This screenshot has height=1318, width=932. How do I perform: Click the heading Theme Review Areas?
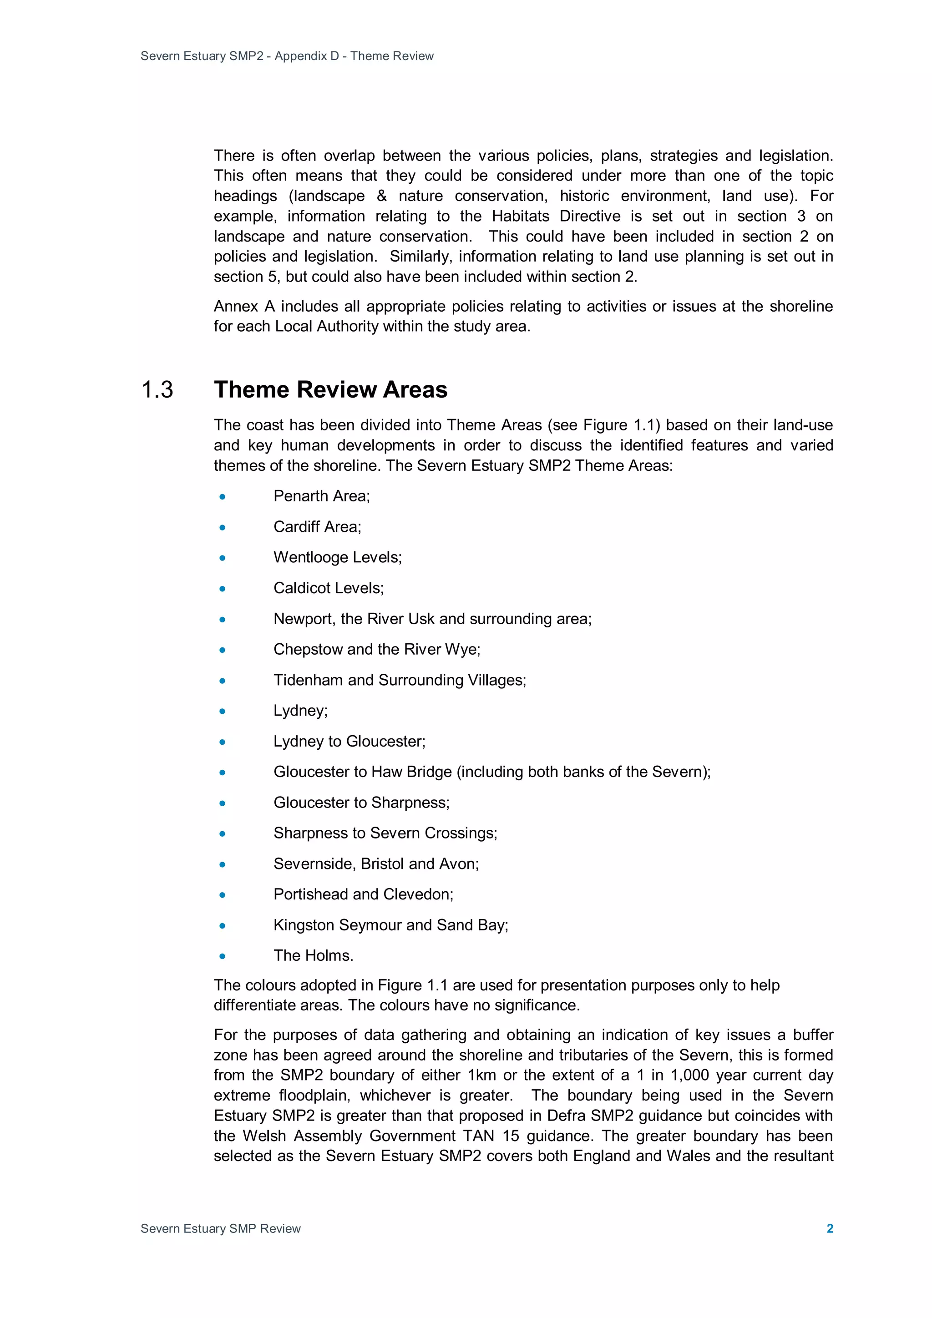[x=330, y=390]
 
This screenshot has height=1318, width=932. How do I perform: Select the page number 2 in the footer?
[x=829, y=1228]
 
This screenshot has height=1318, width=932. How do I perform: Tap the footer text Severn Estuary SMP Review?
[x=221, y=1228]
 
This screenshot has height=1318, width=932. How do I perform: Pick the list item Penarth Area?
[x=322, y=496]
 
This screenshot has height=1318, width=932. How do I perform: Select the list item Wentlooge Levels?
[x=337, y=557]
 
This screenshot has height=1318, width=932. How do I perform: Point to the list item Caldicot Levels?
[x=328, y=588]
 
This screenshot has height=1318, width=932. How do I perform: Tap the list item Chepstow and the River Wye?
[x=377, y=649]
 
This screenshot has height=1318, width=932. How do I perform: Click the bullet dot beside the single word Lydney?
[x=222, y=711]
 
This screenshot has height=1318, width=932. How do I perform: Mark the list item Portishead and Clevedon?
[x=363, y=894]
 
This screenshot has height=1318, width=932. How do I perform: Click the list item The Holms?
[x=313, y=956]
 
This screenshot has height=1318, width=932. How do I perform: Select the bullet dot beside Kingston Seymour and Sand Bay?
[x=222, y=926]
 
